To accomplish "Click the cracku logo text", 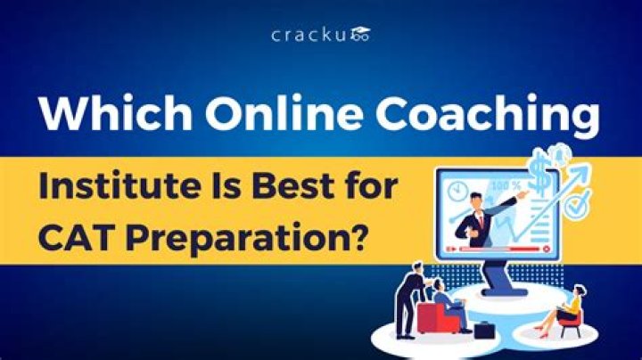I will [x=309, y=35].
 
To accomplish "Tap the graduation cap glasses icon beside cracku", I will [x=360, y=36].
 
